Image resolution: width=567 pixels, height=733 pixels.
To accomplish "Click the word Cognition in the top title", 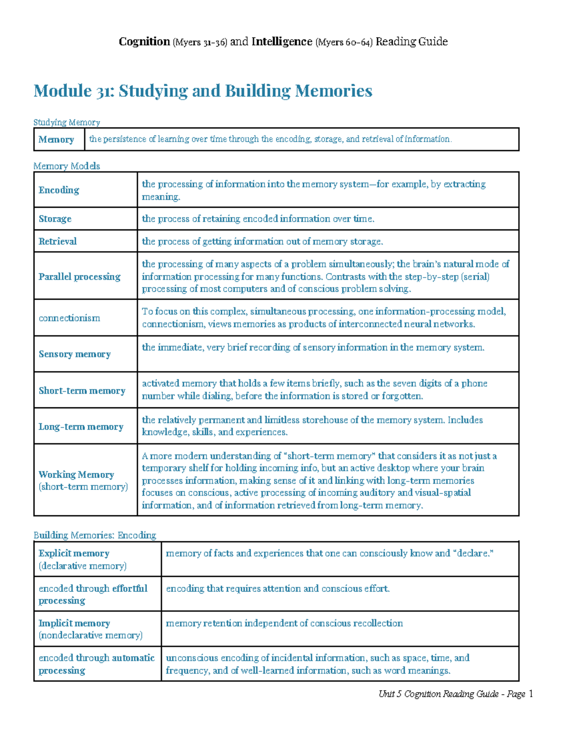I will tap(144, 42).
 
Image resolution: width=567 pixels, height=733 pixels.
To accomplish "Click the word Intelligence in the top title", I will tap(282, 42).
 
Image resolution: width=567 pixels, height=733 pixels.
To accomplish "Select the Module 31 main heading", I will tap(203, 91).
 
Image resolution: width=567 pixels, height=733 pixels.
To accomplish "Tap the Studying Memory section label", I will tap(67, 122).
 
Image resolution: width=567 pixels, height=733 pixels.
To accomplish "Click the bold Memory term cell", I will tap(56, 140).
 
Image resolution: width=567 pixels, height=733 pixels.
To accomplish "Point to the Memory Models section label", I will tap(67, 166).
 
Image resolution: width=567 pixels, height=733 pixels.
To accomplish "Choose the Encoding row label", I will tap(59, 190).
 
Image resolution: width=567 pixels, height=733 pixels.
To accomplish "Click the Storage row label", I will tap(55, 219).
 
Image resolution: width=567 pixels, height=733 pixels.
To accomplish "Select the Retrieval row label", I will tap(57, 242).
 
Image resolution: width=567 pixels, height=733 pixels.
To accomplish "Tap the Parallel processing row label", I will tap(79, 277).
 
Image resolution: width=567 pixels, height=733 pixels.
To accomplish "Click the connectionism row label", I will tap(69, 318).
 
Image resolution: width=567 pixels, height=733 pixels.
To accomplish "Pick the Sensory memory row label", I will tap(75, 354).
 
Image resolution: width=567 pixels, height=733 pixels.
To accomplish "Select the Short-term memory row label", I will tap(82, 391).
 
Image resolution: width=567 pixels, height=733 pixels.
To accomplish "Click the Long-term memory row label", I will tap(81, 427).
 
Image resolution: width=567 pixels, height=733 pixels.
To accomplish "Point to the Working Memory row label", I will tap(76, 474).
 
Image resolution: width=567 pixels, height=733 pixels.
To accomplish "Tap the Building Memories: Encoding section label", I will tap(94, 535).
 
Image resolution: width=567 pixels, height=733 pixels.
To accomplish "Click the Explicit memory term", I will tap(74, 553).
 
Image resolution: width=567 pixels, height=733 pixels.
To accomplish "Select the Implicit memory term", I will tap(74, 623).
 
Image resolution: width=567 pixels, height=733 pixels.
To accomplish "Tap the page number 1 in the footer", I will tap(531, 694).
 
